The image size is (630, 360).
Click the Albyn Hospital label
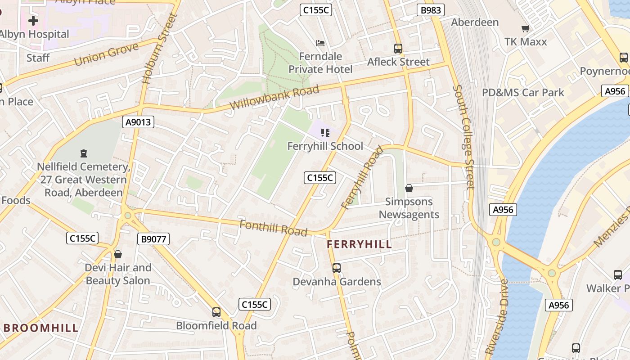tap(34, 34)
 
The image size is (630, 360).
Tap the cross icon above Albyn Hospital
tap(33, 20)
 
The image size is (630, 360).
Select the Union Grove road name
tap(106, 54)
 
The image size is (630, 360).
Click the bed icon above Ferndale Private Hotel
tap(320, 43)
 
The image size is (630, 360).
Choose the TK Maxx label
tap(526, 42)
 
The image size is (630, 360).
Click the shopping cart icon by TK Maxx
tap(525, 29)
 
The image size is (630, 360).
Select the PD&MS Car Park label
tap(523, 93)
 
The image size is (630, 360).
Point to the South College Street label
tap(465, 137)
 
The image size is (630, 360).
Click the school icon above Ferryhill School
tap(325, 133)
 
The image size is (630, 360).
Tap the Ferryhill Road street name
tap(362, 177)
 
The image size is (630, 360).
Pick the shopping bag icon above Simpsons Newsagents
tap(409, 188)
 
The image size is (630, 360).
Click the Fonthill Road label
tap(273, 228)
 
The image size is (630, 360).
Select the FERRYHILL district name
tap(359, 244)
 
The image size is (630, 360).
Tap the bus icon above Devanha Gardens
tap(337, 268)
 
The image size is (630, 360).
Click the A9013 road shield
tap(138, 121)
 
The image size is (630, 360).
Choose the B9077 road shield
tap(153, 239)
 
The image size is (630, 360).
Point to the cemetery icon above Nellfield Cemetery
tap(83, 154)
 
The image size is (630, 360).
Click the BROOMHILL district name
tap(41, 328)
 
